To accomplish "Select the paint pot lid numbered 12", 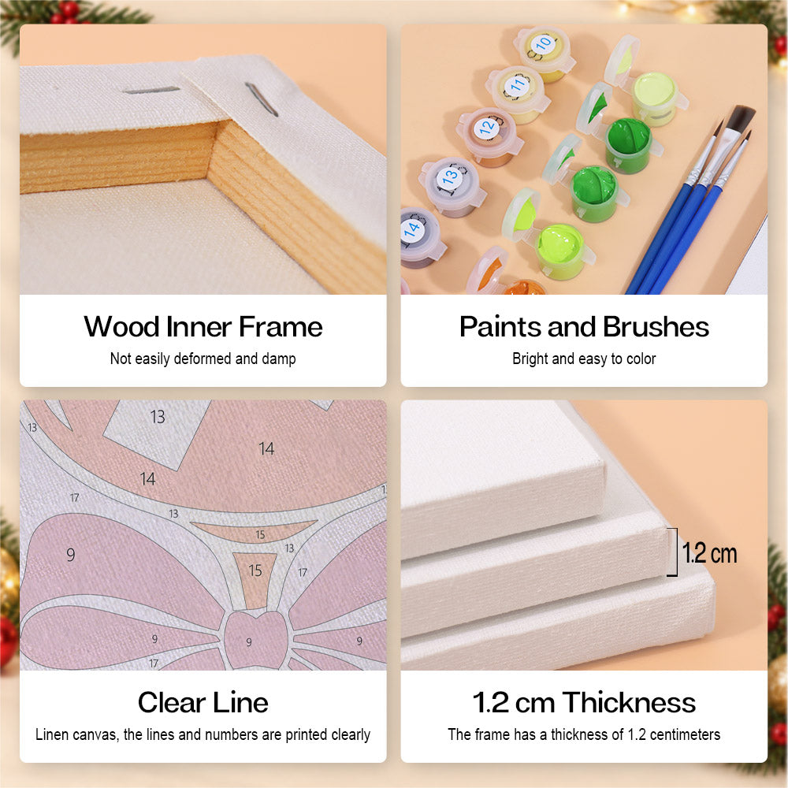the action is click(486, 128).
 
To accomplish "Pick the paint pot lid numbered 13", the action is click(450, 177).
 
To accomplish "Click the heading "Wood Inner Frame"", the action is click(203, 327).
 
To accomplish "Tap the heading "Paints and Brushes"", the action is click(584, 327).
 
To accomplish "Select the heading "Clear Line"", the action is click(203, 702).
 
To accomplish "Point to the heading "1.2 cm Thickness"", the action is click(584, 702).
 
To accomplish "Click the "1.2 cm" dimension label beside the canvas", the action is click(709, 553).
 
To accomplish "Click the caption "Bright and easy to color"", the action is click(584, 359).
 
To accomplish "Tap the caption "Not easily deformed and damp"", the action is click(203, 359).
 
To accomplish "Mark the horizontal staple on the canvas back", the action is click(151, 91).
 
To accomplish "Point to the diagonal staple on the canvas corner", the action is click(262, 99).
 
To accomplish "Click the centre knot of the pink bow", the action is click(255, 640).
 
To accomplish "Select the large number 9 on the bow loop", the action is click(71, 555).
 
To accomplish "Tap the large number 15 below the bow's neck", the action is click(255, 571).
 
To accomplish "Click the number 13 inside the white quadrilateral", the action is click(158, 417).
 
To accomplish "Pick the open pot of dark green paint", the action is click(628, 144).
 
